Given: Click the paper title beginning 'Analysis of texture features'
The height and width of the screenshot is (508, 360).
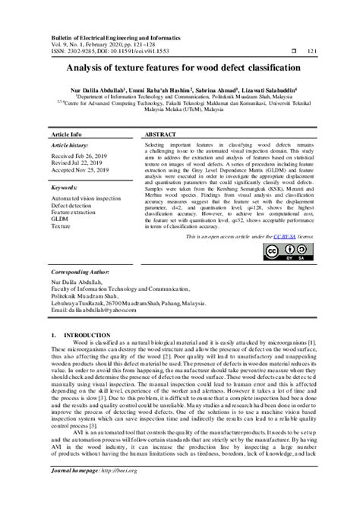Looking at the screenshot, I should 180,68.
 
